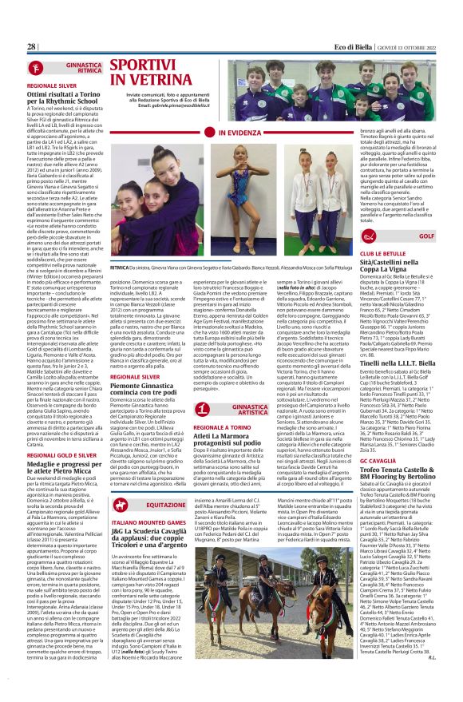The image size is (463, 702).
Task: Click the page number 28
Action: [32, 47]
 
